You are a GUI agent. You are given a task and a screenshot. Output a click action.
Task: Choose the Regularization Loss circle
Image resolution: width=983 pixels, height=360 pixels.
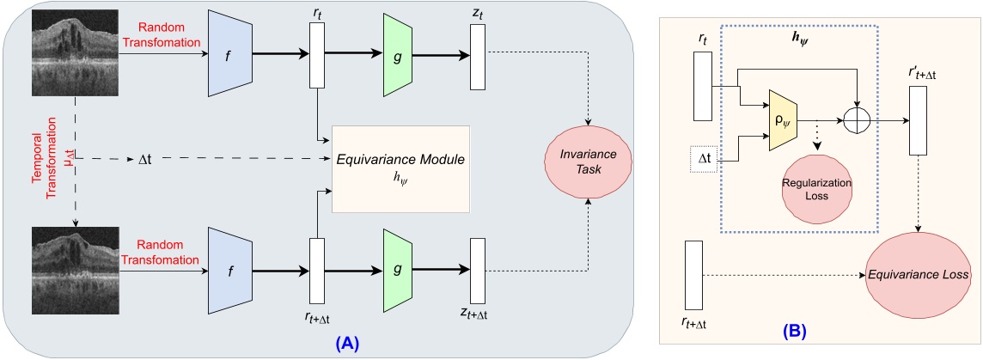pos(817,192)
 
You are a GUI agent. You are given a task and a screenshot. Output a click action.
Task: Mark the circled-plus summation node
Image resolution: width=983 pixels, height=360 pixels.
pos(859,122)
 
